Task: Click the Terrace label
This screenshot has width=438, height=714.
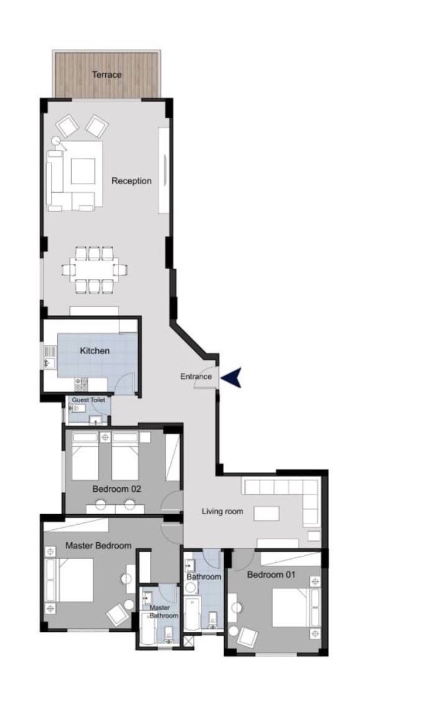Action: point(107,75)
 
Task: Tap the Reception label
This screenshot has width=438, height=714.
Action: point(131,181)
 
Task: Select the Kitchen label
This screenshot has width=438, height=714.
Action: point(95,350)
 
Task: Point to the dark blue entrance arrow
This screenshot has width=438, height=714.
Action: point(231,377)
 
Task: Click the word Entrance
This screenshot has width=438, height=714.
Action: point(196,377)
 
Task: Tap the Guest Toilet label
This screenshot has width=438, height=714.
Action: point(88,400)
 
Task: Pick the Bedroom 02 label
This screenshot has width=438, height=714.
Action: point(116,489)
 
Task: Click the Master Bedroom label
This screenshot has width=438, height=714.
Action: point(98,545)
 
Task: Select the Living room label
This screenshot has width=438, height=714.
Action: point(222,511)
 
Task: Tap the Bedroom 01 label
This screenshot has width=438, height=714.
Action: point(271,575)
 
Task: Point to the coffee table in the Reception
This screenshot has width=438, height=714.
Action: point(83,171)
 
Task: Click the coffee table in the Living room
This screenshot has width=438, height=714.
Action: point(266,513)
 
